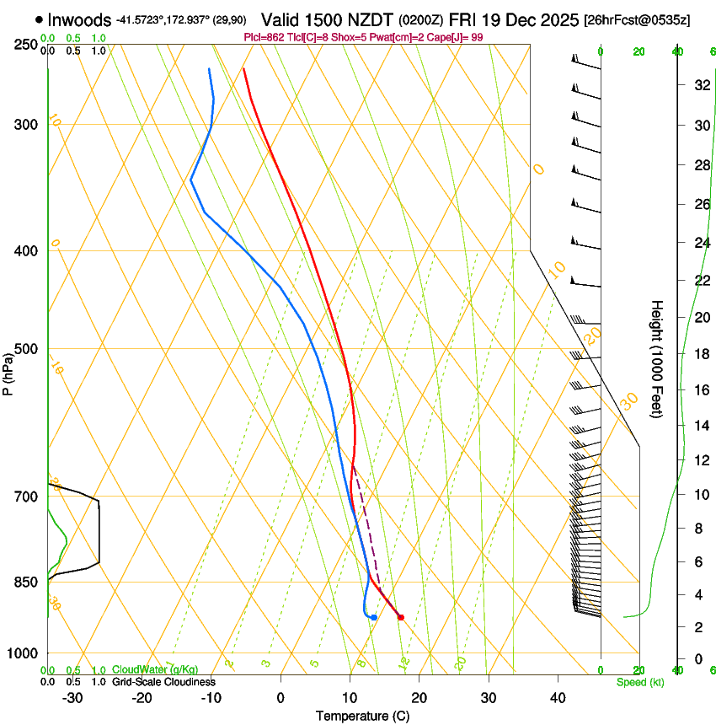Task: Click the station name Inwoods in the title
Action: point(80,19)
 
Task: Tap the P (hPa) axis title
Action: point(9,372)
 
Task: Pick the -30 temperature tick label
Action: point(72,698)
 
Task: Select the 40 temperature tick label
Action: point(558,698)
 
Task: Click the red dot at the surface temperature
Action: point(401,617)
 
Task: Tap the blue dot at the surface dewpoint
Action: point(373,618)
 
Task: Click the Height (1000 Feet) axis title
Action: point(657,358)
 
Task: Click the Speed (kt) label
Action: point(639,682)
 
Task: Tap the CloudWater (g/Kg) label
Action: point(155,670)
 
